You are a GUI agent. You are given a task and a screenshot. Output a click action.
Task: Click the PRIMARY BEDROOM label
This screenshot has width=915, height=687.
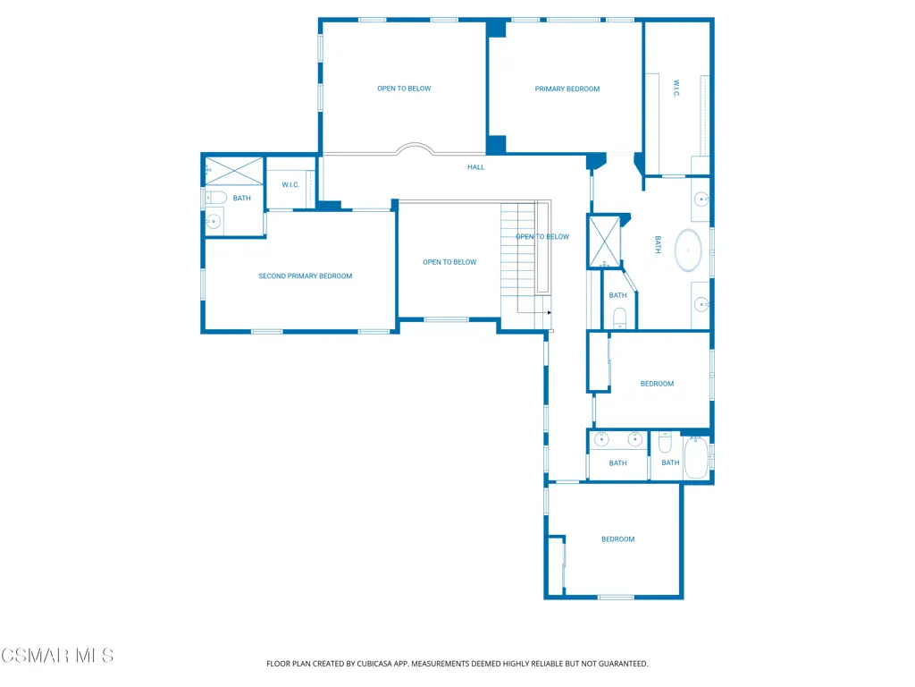(x=567, y=89)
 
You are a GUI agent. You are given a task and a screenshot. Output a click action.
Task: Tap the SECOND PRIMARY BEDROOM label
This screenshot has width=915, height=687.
(x=306, y=276)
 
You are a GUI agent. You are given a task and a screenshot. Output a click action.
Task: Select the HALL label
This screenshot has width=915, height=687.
(x=475, y=167)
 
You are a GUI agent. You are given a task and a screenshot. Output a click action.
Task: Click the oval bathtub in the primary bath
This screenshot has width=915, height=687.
(x=689, y=250)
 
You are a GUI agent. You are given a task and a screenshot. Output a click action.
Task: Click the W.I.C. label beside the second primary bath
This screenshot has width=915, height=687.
(x=290, y=184)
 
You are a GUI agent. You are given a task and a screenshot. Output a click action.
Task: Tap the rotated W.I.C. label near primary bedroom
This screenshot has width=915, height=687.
(x=676, y=89)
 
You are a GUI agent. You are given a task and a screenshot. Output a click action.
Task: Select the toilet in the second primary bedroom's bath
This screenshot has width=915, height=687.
(x=215, y=198)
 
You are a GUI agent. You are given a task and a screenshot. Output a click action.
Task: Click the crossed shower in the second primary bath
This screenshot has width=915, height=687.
(x=234, y=171)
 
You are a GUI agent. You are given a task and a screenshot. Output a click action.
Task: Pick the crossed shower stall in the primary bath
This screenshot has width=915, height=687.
(x=604, y=242)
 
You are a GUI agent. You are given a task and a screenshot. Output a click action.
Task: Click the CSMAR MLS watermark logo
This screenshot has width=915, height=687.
(x=57, y=656)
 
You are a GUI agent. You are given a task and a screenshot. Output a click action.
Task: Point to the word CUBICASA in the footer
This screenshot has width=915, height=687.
(x=374, y=664)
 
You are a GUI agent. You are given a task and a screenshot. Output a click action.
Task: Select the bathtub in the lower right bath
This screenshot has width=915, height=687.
(x=696, y=457)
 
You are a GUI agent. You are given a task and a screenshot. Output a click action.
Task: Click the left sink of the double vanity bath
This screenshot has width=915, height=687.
(x=601, y=438)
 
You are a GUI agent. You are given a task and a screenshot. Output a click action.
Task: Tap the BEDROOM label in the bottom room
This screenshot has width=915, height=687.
(x=618, y=539)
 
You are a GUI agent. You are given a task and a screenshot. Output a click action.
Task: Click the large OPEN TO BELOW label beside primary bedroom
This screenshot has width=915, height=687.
(x=404, y=89)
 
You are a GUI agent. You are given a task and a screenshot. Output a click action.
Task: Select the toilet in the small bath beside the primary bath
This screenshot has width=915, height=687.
(x=619, y=318)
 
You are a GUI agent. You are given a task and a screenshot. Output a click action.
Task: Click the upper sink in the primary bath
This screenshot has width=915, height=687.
(x=701, y=199)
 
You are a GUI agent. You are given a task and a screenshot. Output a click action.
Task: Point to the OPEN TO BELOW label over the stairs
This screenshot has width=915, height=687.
(x=542, y=236)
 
